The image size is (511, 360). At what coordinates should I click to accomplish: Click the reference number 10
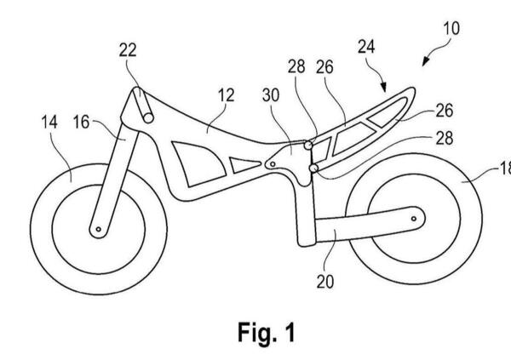point(451,27)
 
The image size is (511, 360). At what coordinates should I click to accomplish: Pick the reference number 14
point(49,123)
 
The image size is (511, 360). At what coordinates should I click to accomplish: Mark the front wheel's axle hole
point(99,229)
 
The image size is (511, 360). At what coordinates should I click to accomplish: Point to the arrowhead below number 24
point(384,89)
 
